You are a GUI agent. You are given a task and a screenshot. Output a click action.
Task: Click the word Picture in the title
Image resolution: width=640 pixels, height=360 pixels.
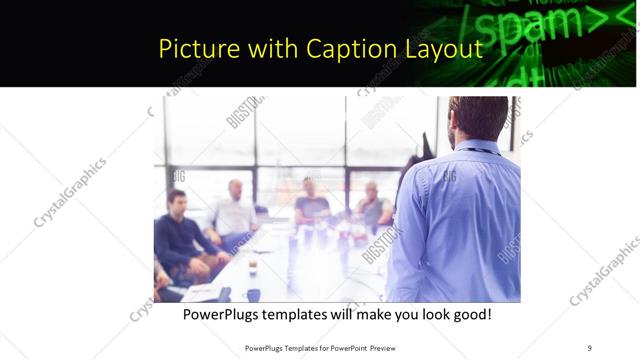(193, 48)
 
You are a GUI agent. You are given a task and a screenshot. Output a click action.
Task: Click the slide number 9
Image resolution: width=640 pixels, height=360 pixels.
(589, 347)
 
